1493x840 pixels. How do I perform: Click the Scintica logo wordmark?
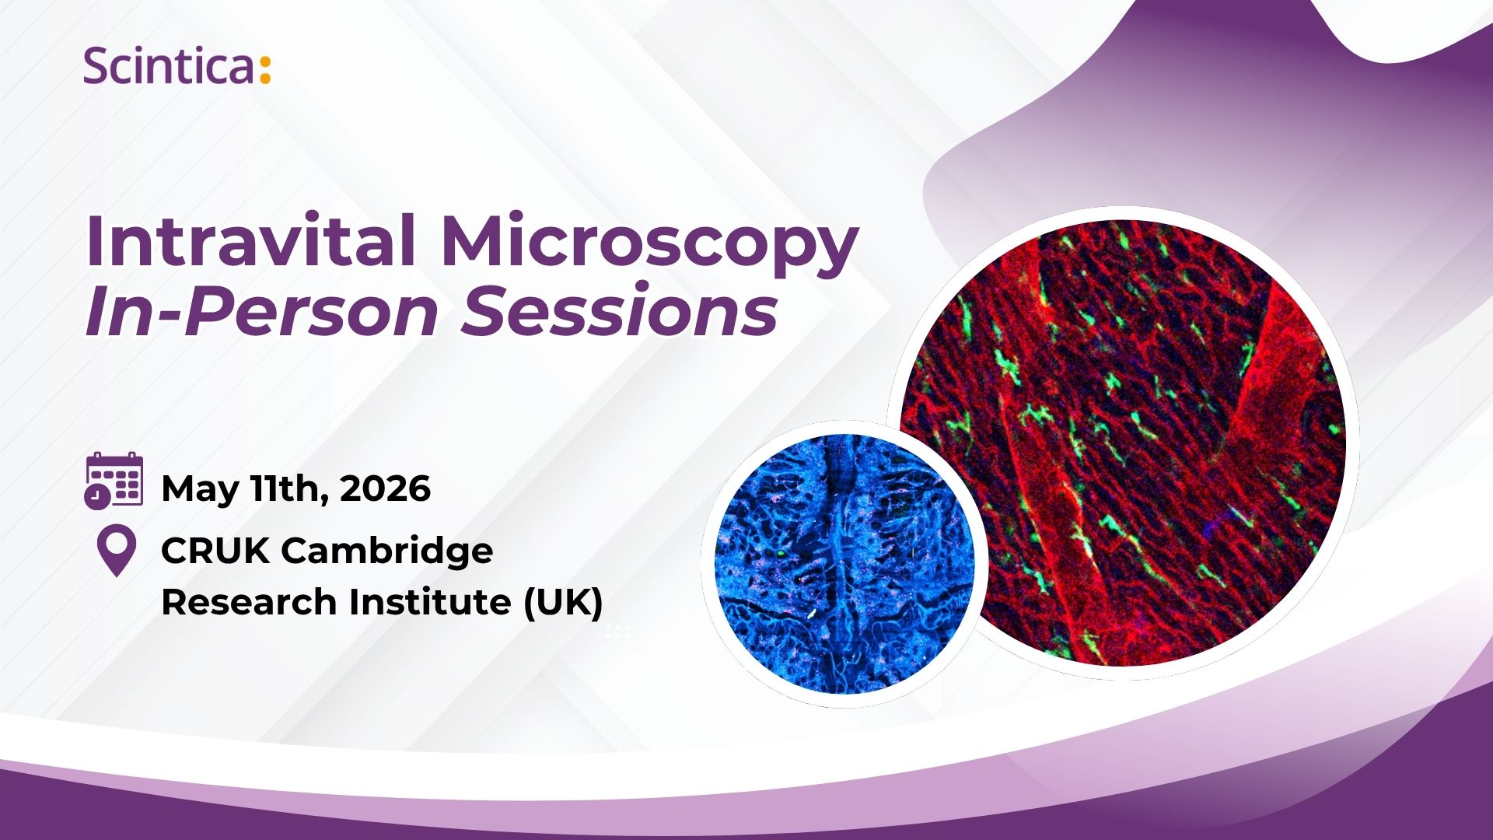[x=177, y=65]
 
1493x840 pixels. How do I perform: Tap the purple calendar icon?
[x=114, y=481]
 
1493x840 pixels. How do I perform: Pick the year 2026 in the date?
[x=386, y=488]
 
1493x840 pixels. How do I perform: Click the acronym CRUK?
[x=215, y=551]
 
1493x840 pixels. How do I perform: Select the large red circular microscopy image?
[x=1123, y=443]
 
